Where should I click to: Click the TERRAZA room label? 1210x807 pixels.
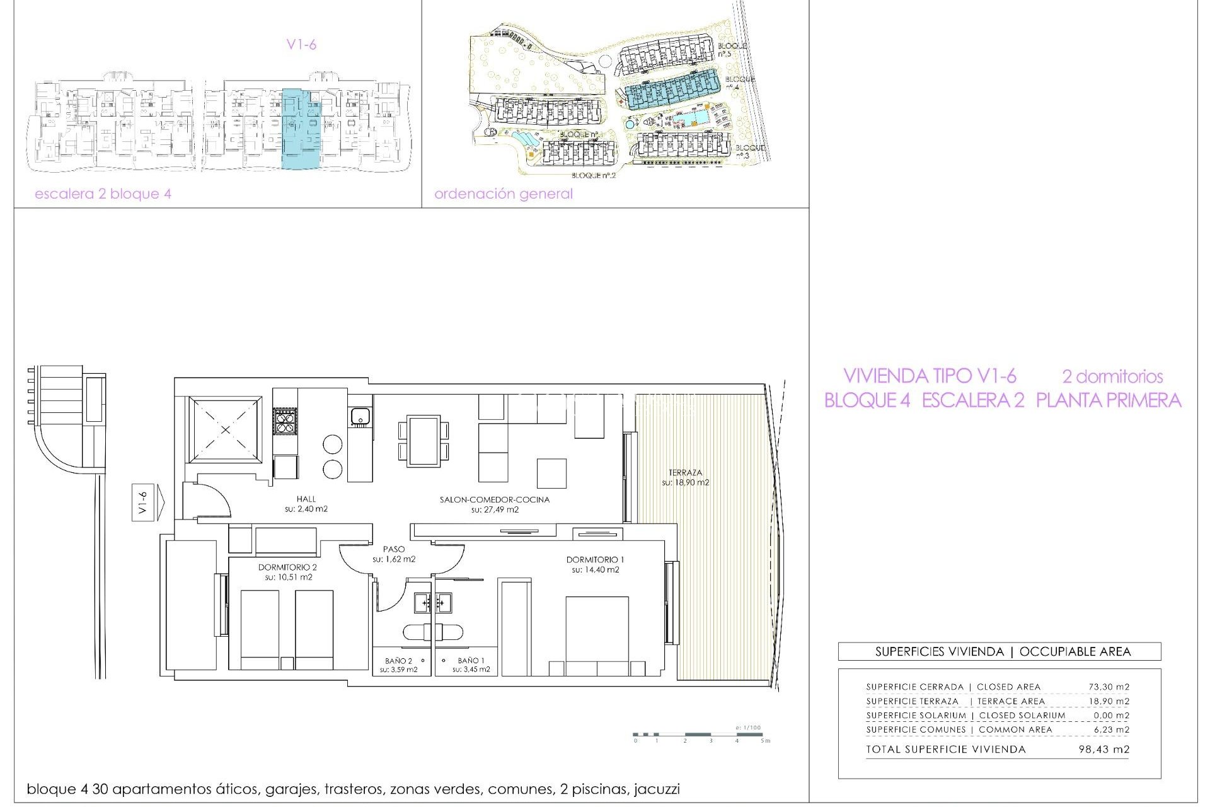[685, 473]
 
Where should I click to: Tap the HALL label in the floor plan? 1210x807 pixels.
[306, 499]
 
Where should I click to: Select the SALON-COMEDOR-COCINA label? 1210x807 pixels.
[495, 500]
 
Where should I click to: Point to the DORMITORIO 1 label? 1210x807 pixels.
[595, 560]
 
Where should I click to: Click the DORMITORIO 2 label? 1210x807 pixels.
[287, 567]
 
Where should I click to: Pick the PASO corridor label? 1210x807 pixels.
[394, 550]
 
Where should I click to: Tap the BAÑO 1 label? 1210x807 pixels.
[471, 661]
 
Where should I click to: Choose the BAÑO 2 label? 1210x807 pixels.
[398, 661]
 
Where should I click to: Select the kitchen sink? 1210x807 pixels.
[360, 416]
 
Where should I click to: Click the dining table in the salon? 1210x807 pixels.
[423, 441]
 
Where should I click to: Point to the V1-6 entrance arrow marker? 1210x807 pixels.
[149, 502]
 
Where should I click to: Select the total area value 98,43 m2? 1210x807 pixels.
[1103, 750]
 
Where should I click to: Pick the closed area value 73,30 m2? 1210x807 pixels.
[1109, 687]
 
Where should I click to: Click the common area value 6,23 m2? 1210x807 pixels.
[1111, 729]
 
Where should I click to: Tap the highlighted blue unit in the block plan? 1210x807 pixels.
[301, 129]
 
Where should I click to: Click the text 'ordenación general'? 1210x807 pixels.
[503, 194]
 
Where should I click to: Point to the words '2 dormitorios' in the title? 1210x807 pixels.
[1112, 376]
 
